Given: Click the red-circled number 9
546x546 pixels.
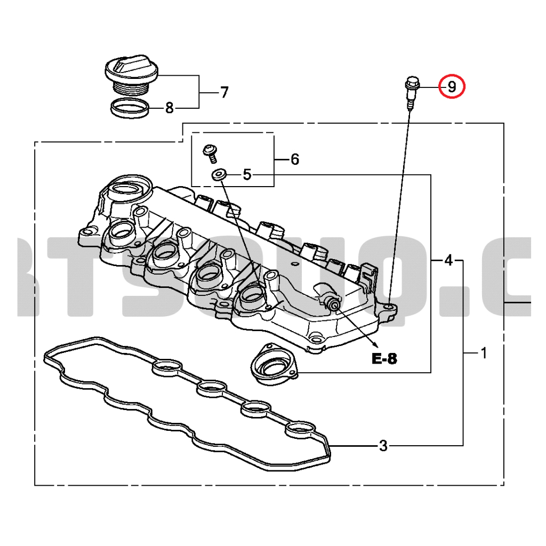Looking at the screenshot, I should point(452,86).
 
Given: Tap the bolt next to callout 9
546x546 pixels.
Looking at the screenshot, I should point(411,91).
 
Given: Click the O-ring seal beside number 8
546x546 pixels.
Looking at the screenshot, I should point(130,109).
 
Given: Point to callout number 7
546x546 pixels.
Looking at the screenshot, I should point(224,93).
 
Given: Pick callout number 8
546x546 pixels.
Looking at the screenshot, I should point(170,109).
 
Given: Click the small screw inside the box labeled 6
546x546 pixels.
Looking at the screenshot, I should point(211,152).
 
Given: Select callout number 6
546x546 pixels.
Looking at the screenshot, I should point(294,159).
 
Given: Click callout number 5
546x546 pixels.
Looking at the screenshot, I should point(247,174).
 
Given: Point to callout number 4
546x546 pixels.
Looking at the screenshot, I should point(448,260).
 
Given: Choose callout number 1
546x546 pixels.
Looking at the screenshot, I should point(484,353).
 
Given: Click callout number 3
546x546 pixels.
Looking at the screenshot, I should point(383,446).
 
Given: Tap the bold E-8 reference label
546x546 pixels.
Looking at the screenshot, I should point(384,359).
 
